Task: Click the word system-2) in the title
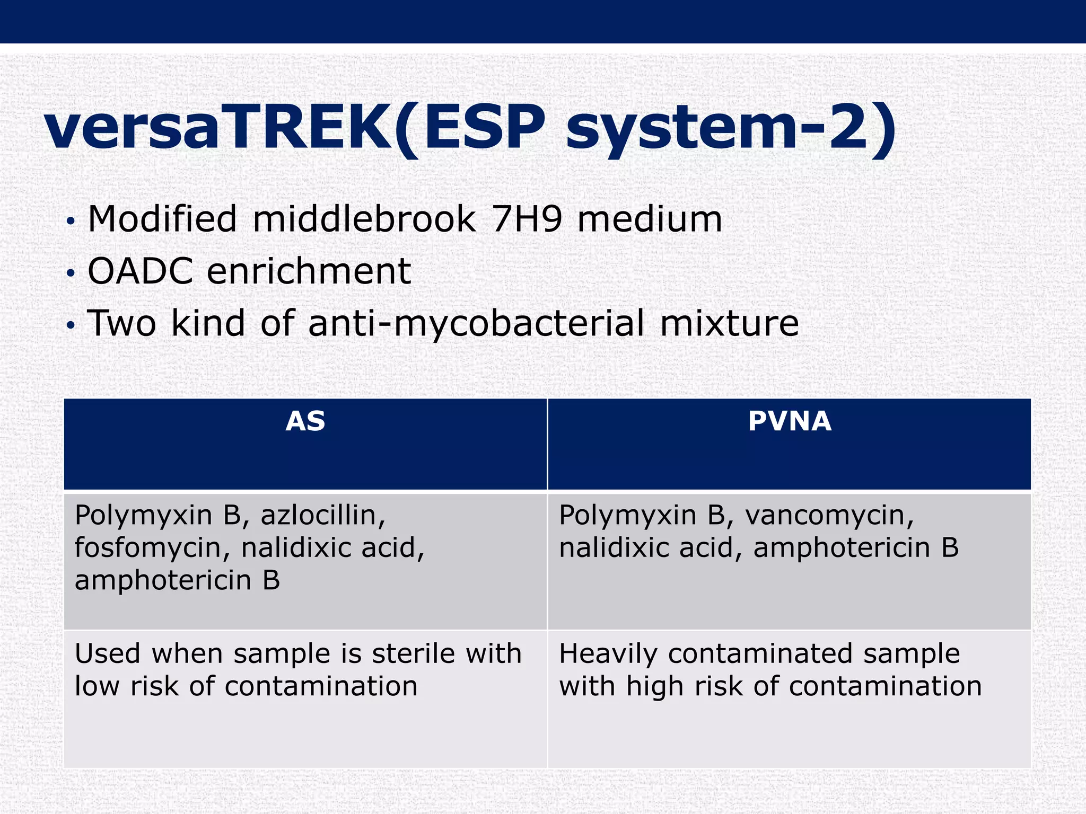[731, 129]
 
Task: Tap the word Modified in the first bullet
[162, 219]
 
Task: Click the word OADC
[140, 271]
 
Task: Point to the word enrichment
[309, 271]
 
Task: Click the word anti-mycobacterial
[476, 323]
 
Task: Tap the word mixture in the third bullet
[729, 323]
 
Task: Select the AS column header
[305, 422]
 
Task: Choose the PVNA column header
[789, 422]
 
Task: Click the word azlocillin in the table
[322, 515]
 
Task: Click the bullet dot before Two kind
[71, 326]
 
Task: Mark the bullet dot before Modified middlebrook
[71, 222]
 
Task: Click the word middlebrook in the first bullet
[364, 219]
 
